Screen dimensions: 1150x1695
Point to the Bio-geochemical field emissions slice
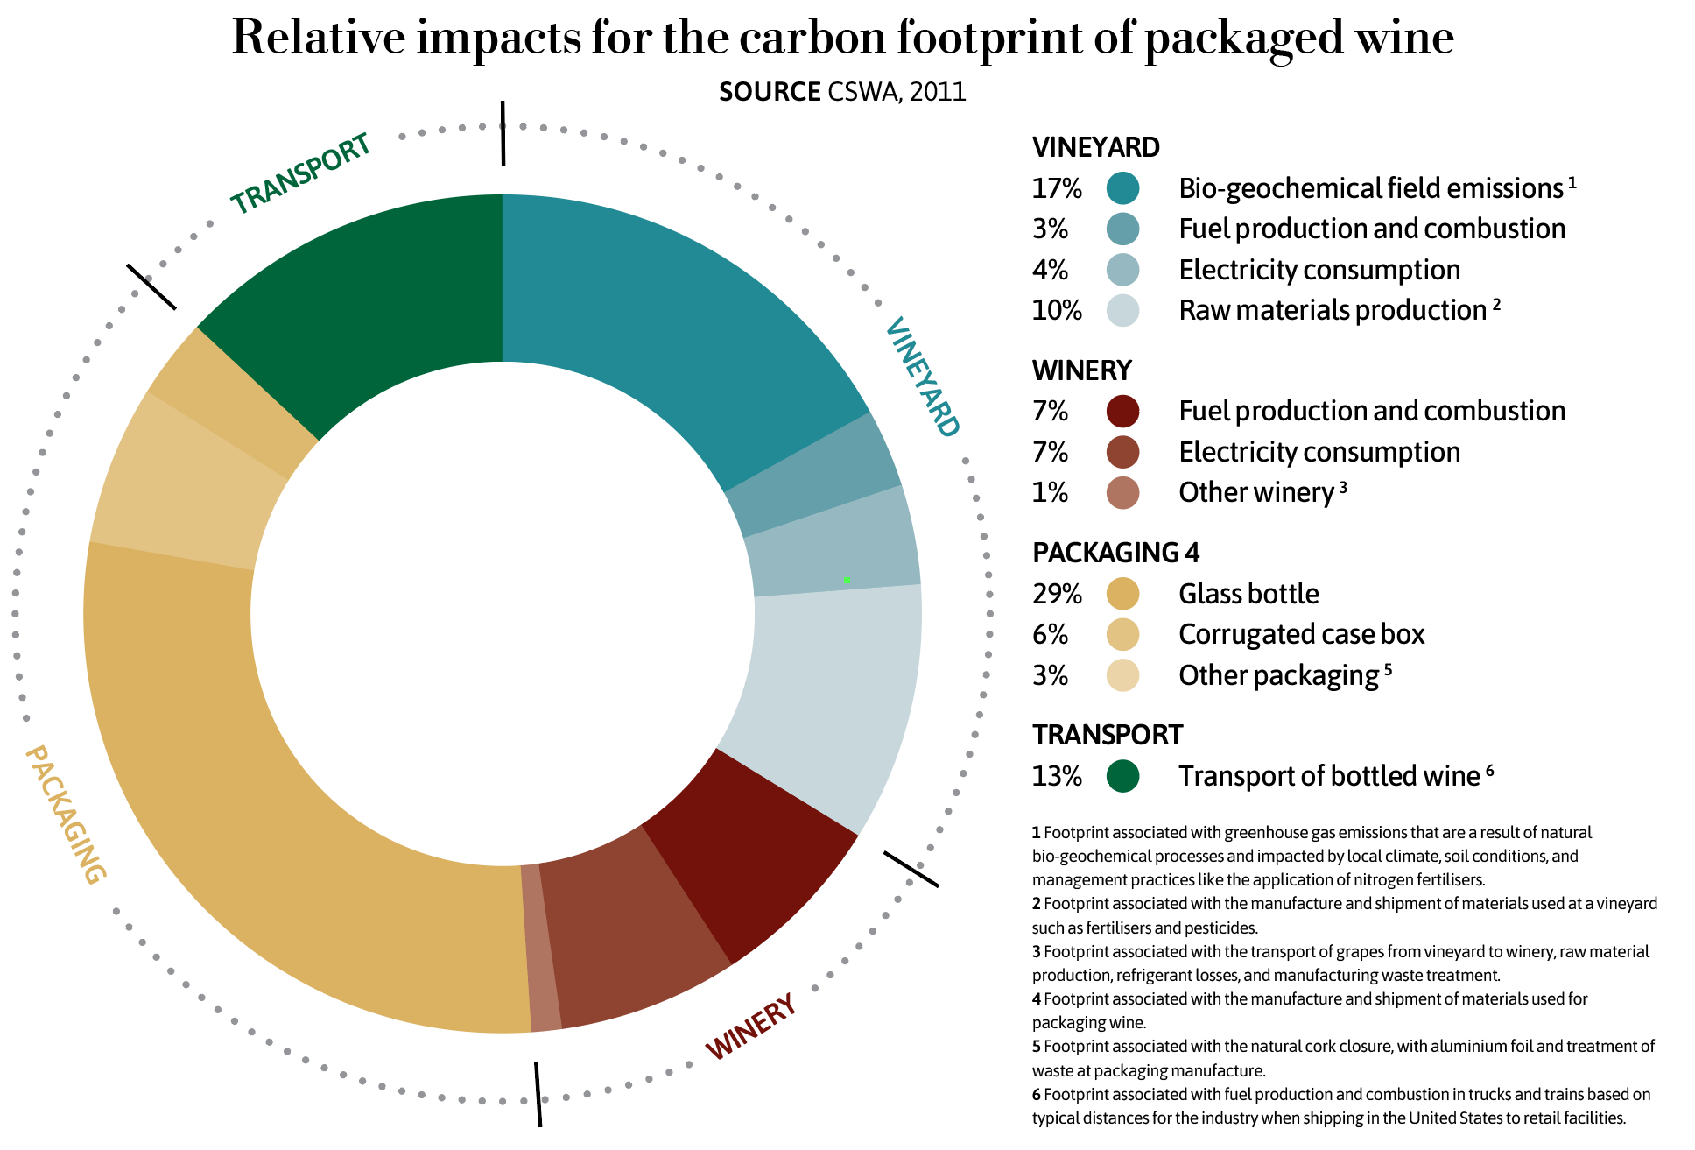(x=665, y=315)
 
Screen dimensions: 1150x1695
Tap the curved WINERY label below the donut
(x=751, y=1027)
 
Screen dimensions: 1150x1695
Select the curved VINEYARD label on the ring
(x=922, y=377)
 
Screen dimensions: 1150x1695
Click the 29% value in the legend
(x=1057, y=594)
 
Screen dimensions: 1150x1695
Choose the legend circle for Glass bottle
(x=1122, y=594)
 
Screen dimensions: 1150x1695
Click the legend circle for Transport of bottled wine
(x=1122, y=776)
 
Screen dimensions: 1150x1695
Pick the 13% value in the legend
(x=1057, y=776)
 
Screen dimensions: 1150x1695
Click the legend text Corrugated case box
(x=1301, y=634)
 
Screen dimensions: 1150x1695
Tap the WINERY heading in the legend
(x=1082, y=370)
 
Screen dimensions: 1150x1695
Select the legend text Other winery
(x=1255, y=492)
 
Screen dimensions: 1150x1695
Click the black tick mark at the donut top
(x=503, y=132)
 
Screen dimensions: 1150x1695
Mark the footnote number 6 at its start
(x=1037, y=1094)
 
